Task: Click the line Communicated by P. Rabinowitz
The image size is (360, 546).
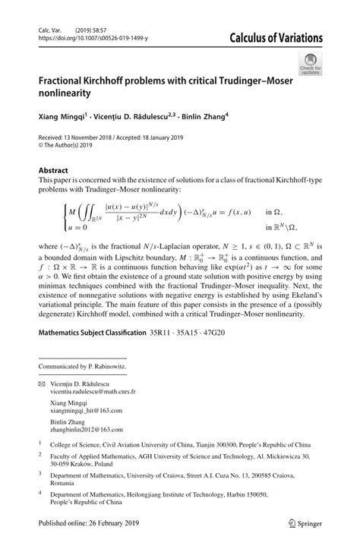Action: point(84,365)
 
